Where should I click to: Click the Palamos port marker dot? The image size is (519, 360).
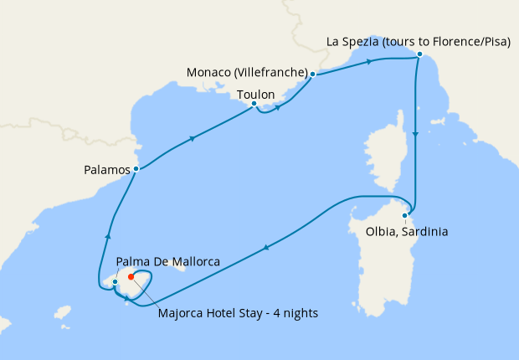(x=136, y=169)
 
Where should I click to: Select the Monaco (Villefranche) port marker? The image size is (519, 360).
(x=312, y=75)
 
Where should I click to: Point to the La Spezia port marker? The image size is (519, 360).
(x=419, y=55)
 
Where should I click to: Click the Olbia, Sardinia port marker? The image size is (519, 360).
(x=405, y=215)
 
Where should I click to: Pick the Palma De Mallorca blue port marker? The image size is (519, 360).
(x=115, y=282)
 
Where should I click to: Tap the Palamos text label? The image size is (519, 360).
(x=108, y=169)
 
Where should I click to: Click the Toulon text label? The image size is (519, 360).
(x=256, y=95)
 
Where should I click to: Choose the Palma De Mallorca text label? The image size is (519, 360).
(x=169, y=262)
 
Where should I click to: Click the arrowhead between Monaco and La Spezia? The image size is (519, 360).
(x=366, y=62)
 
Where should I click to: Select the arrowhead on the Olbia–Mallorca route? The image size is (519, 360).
(x=265, y=246)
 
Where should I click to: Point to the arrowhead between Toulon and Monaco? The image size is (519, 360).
(x=277, y=106)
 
